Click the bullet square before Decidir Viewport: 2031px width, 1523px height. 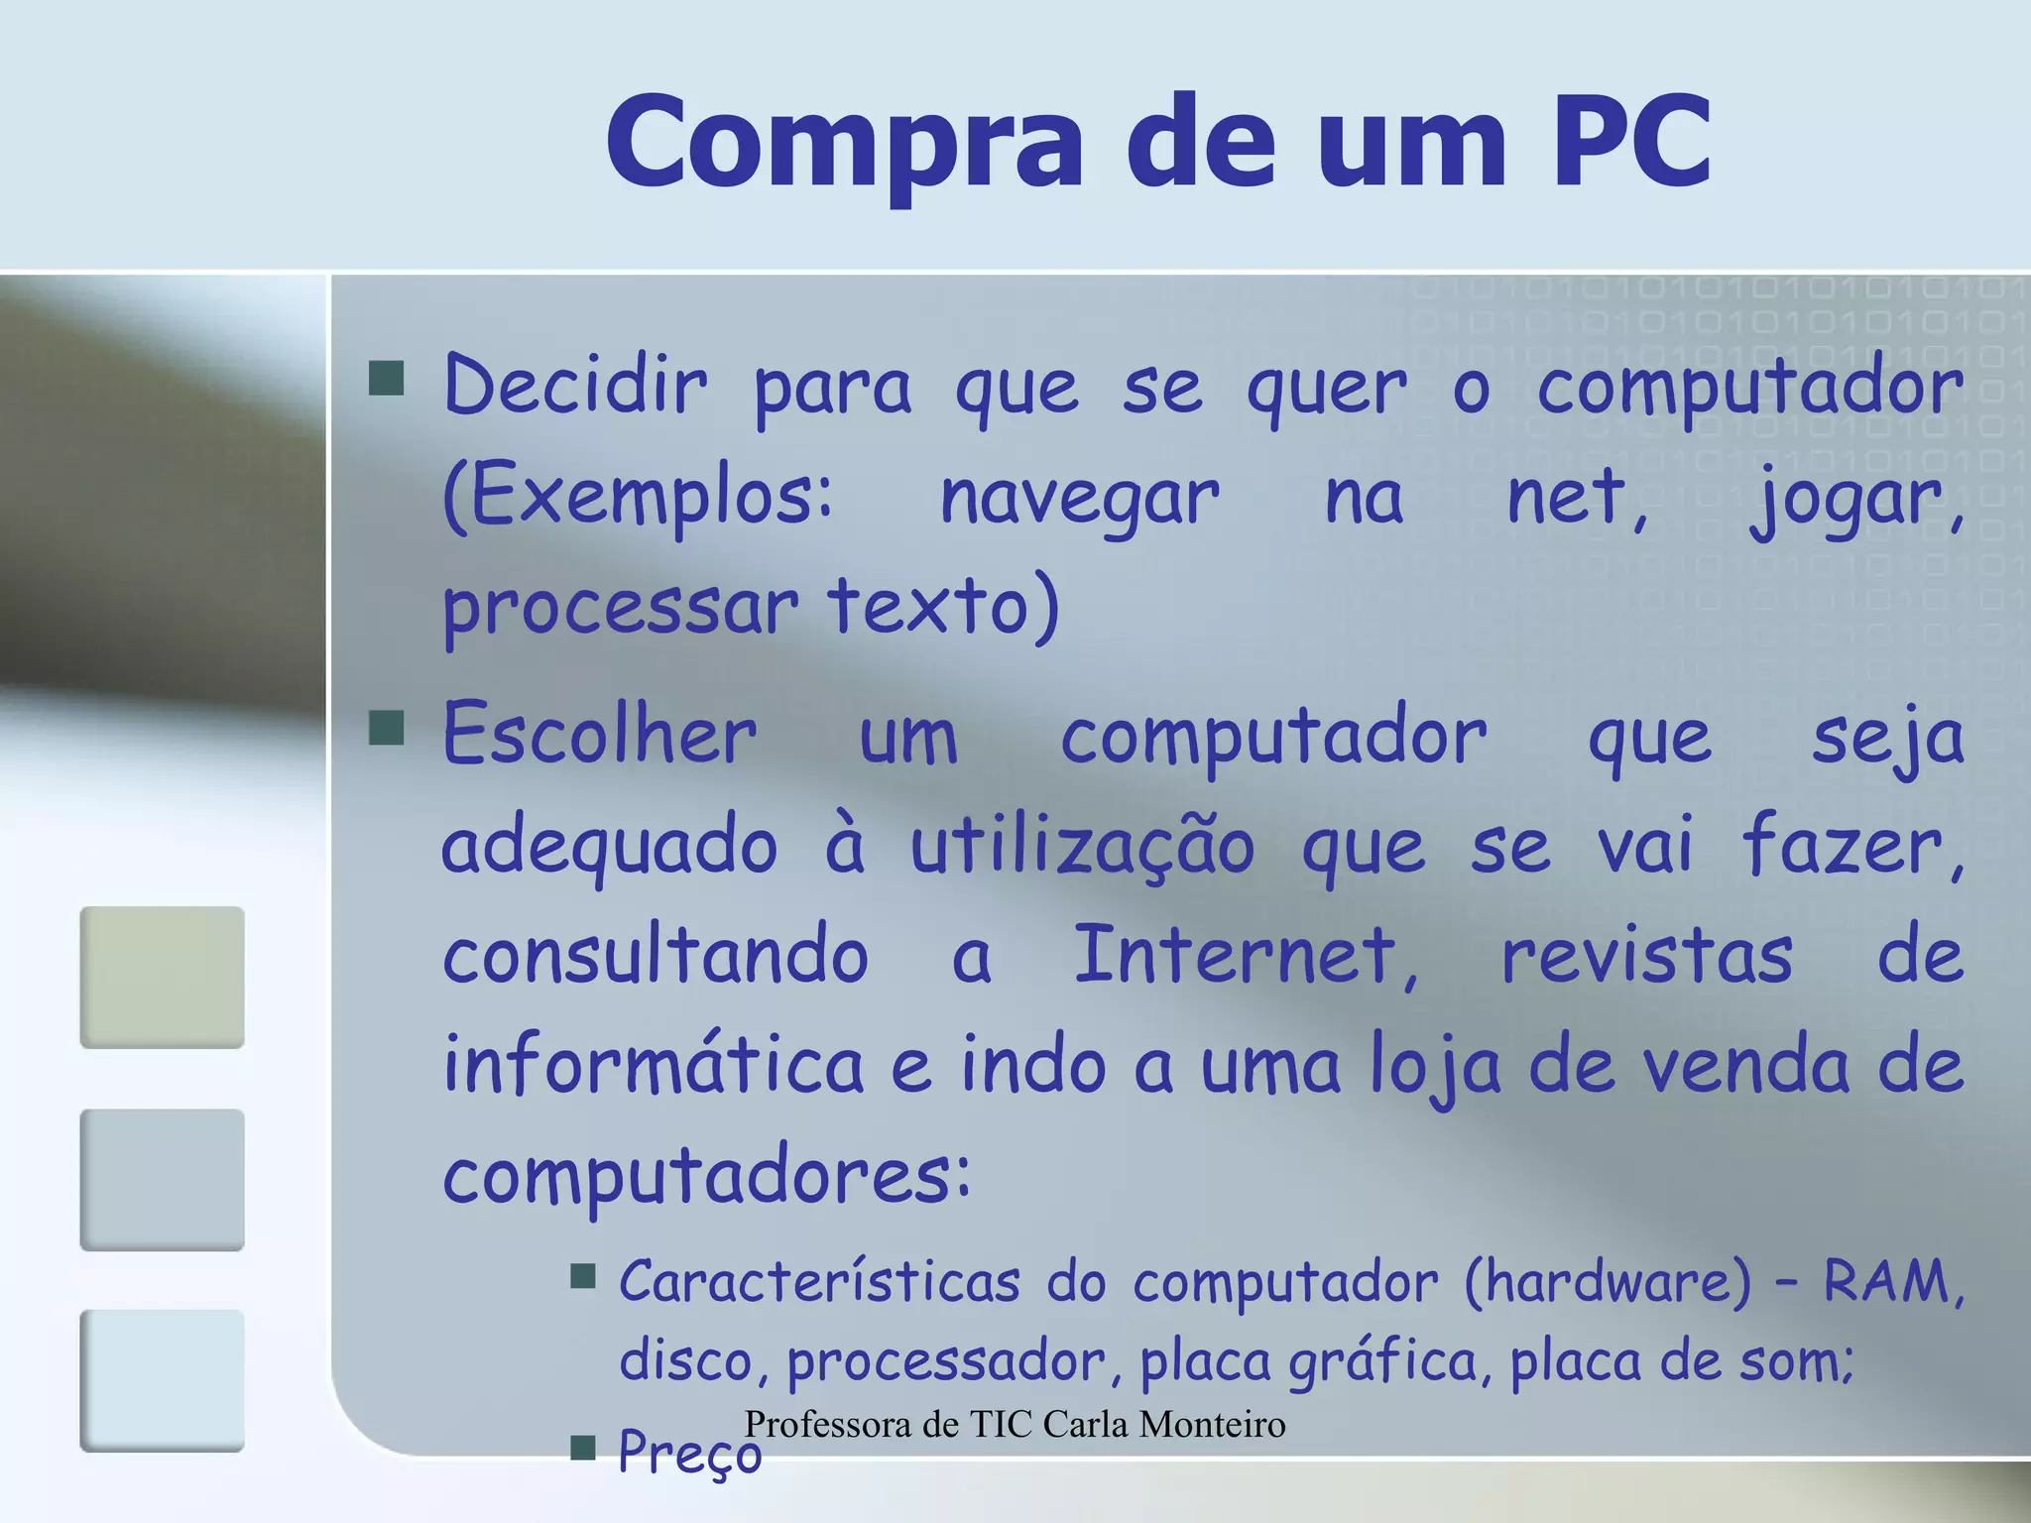386,378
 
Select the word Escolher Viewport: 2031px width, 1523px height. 600,735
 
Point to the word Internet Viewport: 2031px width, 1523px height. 1245,956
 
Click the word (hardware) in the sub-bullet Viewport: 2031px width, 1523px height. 1608,1281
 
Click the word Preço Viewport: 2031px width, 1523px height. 690,1453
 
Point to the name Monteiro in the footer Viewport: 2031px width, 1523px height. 1212,1425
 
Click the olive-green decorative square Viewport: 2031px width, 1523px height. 162,977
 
